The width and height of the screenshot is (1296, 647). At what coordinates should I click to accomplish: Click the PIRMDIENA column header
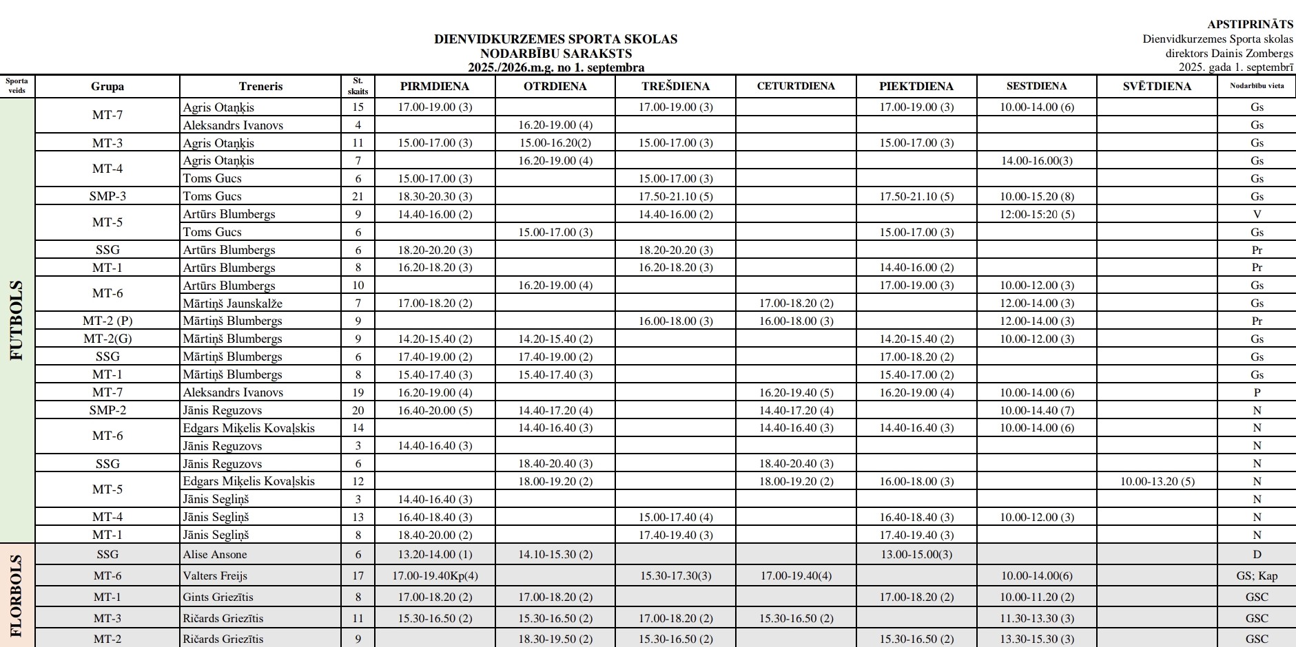tap(434, 86)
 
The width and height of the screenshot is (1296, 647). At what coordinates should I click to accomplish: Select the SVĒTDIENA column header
tap(1157, 86)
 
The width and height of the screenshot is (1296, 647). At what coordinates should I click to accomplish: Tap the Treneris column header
tap(260, 86)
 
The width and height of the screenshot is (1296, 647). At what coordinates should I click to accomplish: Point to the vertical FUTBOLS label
tap(17, 320)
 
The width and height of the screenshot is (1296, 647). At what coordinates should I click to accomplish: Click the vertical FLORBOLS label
tap(17, 596)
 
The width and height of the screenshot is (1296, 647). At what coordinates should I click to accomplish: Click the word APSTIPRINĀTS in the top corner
tap(1250, 25)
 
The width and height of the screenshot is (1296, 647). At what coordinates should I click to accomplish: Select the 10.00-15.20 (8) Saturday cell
tap(1036, 196)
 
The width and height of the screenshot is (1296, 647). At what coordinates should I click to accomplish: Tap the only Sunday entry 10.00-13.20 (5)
tap(1157, 481)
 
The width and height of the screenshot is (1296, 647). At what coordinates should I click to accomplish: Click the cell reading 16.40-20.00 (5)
tap(435, 410)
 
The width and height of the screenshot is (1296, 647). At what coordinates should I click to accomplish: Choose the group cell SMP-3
tap(107, 196)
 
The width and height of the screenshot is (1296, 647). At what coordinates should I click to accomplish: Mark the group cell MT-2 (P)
tap(107, 321)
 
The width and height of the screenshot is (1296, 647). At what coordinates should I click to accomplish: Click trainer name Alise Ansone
tap(214, 554)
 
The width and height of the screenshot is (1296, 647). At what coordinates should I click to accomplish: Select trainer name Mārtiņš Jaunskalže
tap(232, 303)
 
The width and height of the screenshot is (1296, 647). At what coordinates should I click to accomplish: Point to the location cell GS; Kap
tap(1256, 575)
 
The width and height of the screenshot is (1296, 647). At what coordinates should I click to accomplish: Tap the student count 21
tap(358, 196)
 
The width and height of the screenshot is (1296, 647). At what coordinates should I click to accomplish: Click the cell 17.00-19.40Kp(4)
tap(435, 575)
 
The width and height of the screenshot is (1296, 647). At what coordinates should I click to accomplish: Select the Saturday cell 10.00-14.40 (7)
tap(1036, 410)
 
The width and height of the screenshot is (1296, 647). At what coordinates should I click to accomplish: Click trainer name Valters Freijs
tap(214, 575)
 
